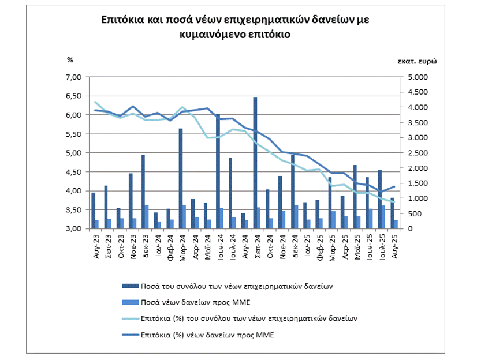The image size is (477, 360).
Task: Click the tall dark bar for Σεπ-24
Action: coord(255,163)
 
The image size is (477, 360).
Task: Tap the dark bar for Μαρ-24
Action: coord(180,178)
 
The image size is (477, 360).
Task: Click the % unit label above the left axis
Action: coord(70,59)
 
